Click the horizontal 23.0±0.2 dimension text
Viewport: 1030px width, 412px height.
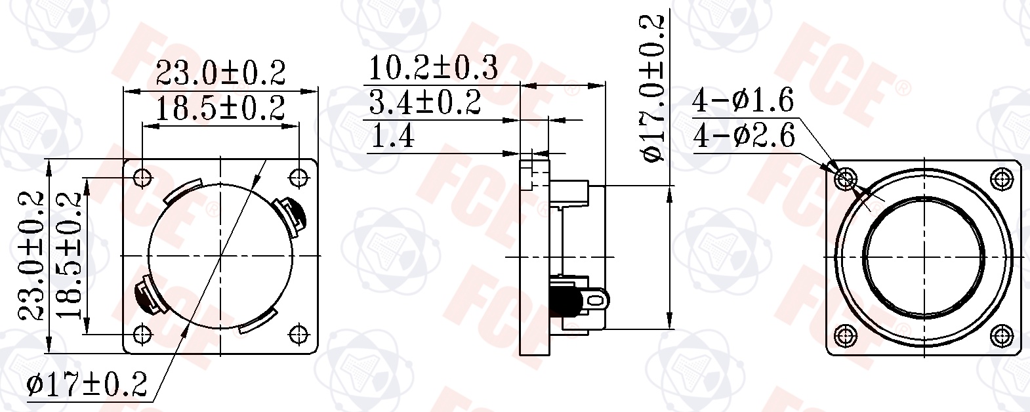coord(220,73)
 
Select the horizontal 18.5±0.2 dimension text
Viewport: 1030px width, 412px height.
coord(220,108)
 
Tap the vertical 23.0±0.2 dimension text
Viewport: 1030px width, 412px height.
coord(31,256)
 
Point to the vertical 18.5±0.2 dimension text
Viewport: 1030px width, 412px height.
coord(68,256)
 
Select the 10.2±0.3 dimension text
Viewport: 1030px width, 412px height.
coord(433,68)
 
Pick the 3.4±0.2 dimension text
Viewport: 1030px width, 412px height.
coord(425,102)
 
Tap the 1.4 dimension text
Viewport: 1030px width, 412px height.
coord(392,136)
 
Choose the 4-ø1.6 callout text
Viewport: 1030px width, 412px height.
coord(743,100)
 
